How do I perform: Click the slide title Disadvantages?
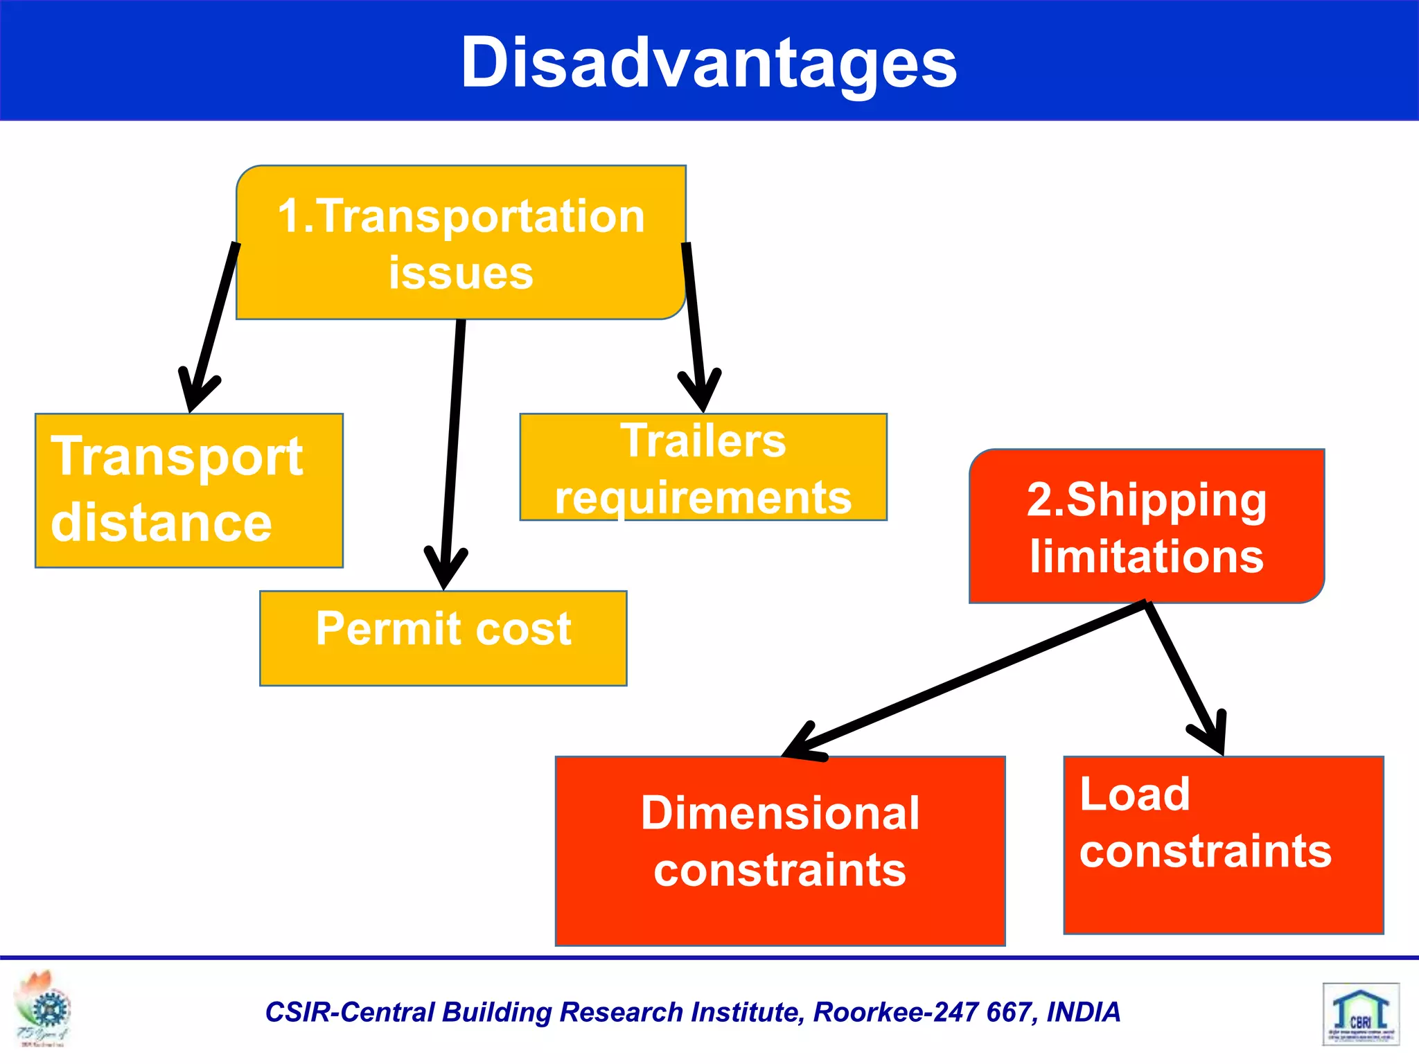[709, 62]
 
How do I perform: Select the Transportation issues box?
[461, 242]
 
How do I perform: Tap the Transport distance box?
[188, 490]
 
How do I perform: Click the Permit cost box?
[443, 638]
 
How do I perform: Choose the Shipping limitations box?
[1147, 526]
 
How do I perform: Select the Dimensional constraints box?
[780, 851]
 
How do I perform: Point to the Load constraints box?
[1224, 845]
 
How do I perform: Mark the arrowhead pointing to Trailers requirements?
[700, 392]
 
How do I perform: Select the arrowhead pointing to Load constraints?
[1213, 734]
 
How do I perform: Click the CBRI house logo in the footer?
[1361, 1013]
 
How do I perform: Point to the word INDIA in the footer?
[1083, 1012]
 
